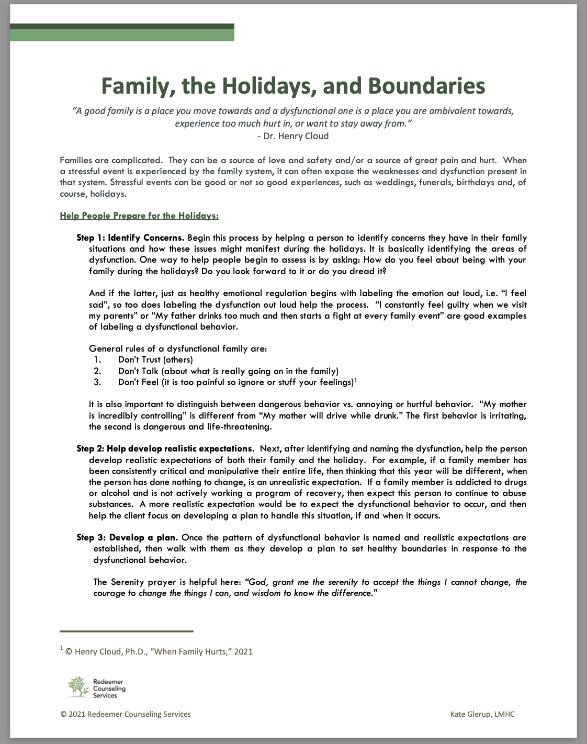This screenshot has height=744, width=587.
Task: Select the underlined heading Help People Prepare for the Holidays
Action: click(x=139, y=216)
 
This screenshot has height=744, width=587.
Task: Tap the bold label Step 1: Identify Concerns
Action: click(x=130, y=238)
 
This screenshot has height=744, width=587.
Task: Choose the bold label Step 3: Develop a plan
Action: click(x=127, y=537)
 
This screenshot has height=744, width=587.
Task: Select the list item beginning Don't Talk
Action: click(x=228, y=371)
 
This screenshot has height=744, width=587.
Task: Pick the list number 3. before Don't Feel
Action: click(x=97, y=382)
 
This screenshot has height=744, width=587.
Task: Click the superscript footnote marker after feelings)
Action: click(x=356, y=380)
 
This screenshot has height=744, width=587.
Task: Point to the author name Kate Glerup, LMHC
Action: click(x=482, y=714)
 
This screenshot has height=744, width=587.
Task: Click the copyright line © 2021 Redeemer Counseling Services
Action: click(x=126, y=714)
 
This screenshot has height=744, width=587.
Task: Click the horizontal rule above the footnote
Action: click(x=127, y=632)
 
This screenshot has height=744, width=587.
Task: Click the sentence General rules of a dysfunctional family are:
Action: click(x=178, y=348)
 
